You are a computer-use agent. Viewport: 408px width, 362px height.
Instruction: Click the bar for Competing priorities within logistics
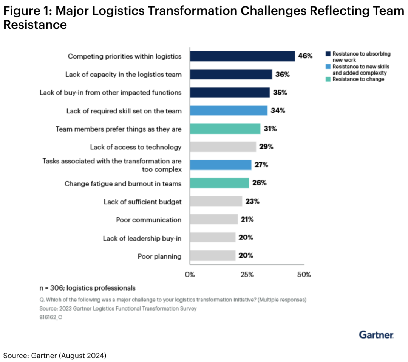click(x=242, y=56)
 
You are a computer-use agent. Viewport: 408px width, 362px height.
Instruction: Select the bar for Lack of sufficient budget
click(x=216, y=201)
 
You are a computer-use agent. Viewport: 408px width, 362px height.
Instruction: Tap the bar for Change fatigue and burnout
click(x=219, y=183)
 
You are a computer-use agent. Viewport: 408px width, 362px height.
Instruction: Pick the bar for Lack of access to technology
click(x=223, y=147)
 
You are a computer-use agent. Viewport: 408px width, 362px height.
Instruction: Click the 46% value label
click(x=305, y=56)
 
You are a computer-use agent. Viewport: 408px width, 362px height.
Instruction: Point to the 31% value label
click(x=270, y=129)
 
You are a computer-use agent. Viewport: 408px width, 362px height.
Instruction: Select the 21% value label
click(x=248, y=219)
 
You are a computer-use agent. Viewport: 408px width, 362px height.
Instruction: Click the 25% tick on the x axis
click(x=247, y=275)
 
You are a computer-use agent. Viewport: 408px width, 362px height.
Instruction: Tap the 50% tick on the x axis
click(x=304, y=275)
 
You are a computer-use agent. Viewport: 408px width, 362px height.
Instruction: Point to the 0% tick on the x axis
click(x=190, y=275)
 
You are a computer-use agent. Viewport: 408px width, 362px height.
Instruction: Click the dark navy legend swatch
click(x=328, y=54)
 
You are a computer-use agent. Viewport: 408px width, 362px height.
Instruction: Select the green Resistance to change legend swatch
click(x=328, y=79)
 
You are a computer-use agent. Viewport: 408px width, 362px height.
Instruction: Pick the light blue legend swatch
click(x=328, y=67)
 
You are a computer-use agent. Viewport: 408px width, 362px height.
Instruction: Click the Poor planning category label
click(x=159, y=256)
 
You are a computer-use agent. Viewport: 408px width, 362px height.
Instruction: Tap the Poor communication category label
click(x=148, y=220)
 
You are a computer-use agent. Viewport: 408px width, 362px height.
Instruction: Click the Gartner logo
click(x=376, y=335)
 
